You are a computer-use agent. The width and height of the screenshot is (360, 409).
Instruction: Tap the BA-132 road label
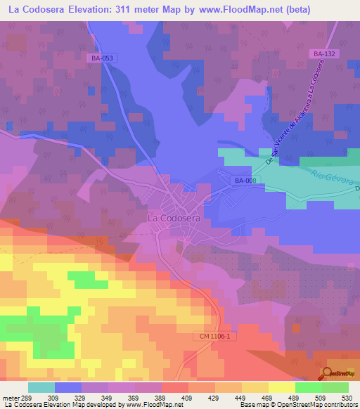[322, 53]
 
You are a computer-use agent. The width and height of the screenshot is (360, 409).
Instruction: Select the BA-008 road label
[245, 181]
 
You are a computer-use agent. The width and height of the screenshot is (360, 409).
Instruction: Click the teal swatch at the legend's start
[41, 387]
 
